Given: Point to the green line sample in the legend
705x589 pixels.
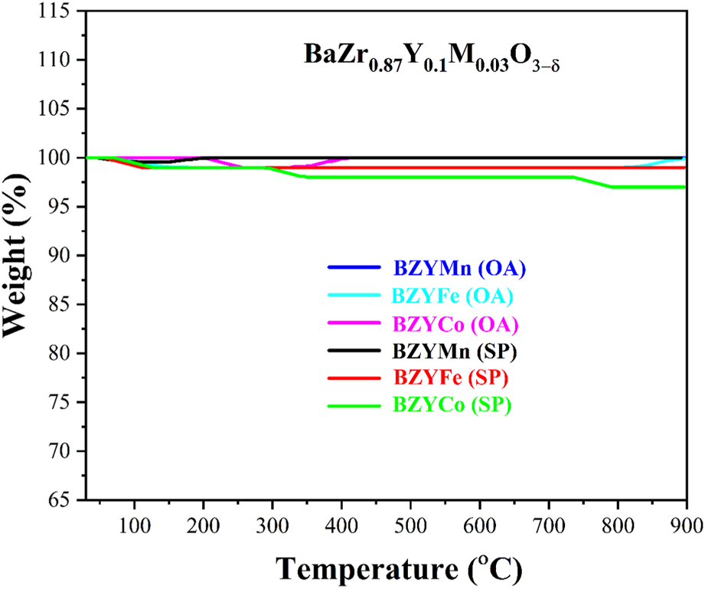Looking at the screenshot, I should tap(354, 407).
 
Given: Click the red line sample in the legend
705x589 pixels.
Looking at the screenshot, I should tap(354, 379).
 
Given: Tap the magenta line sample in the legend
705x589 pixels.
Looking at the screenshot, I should tap(354, 324).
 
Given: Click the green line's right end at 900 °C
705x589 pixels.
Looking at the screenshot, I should tap(685, 187).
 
